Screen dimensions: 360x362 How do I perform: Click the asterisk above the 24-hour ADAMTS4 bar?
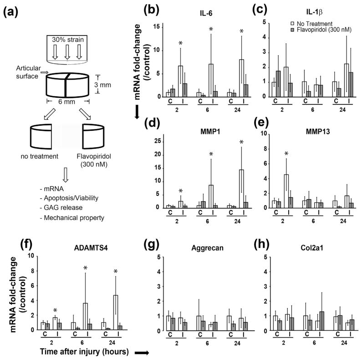[x=116, y=272]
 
